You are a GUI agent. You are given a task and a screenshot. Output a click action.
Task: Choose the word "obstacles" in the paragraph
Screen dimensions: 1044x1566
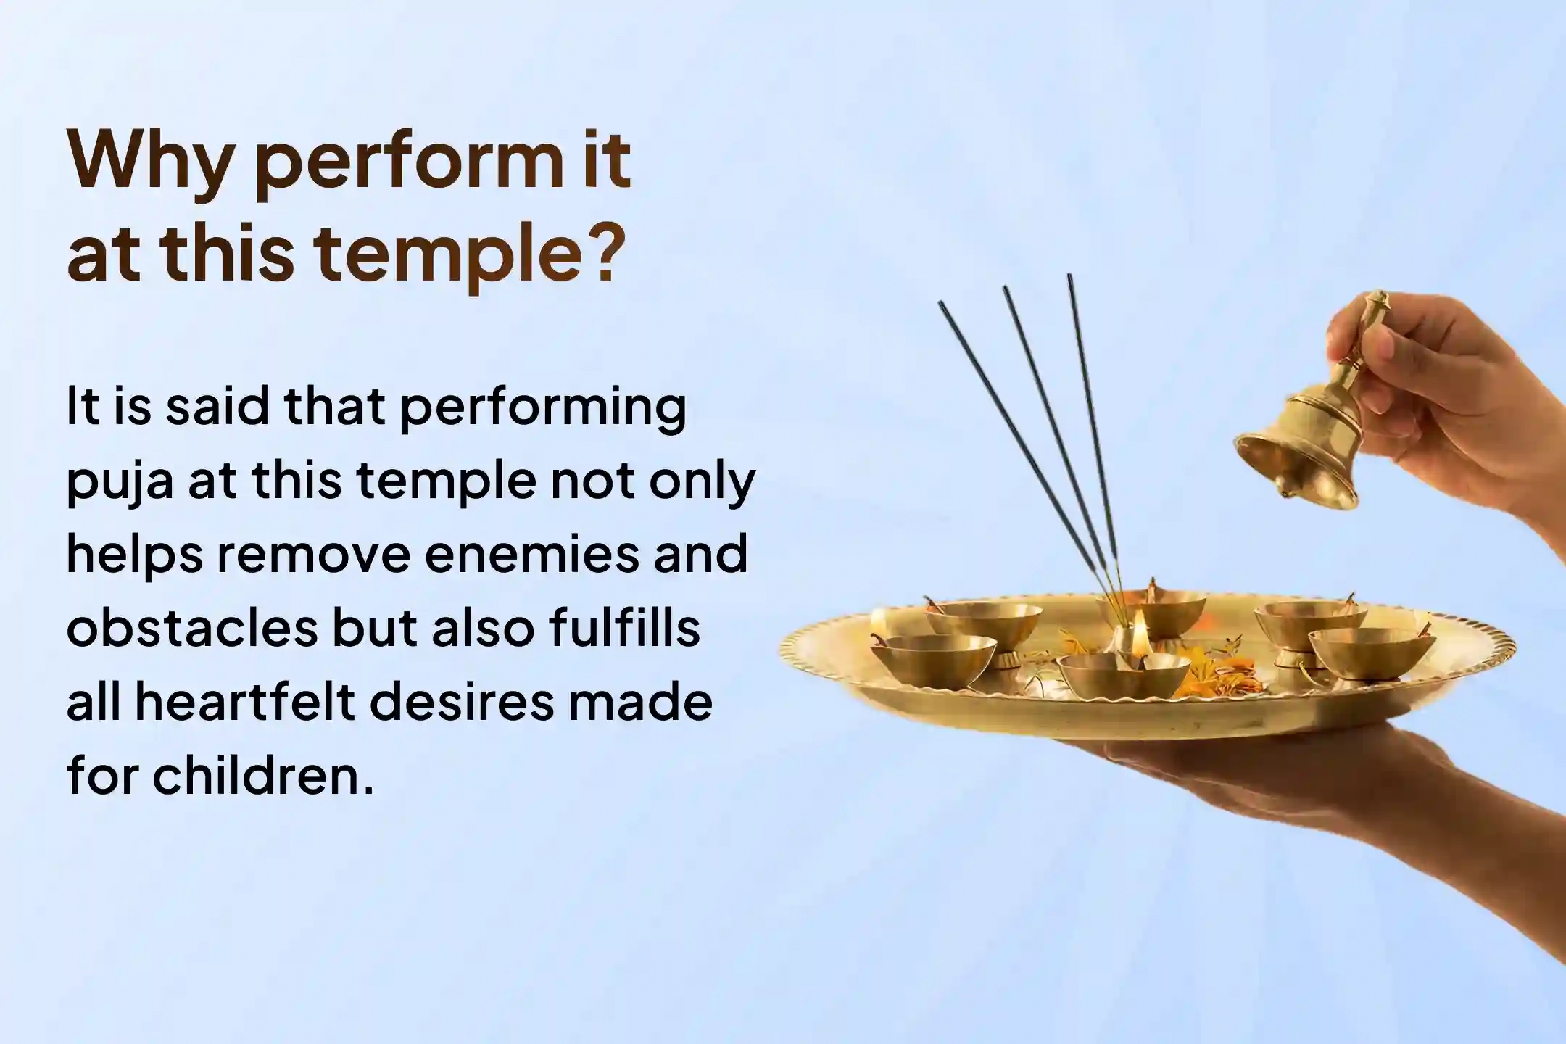[x=192, y=628]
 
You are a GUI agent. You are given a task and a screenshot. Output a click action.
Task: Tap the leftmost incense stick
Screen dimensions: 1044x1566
[x=1015, y=435]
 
